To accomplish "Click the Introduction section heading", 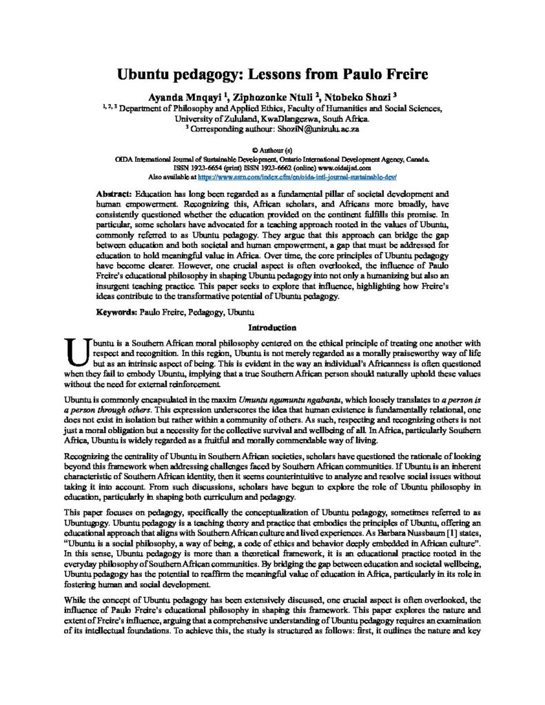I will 272,328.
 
